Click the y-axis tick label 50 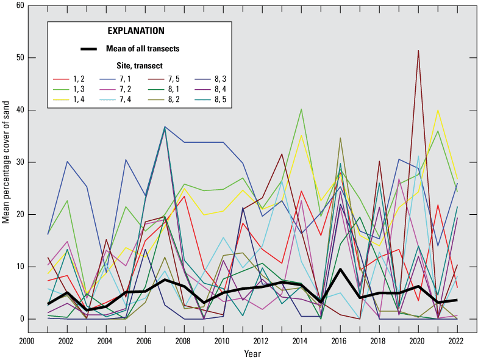coord(20,58)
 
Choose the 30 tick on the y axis coord(20,162)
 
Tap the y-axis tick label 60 coord(20,5)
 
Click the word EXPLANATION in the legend coord(135,31)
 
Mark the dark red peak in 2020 coord(418,51)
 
